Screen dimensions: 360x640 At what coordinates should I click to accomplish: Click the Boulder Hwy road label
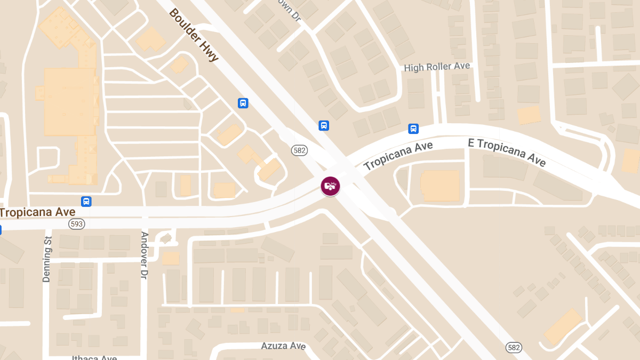coord(194,35)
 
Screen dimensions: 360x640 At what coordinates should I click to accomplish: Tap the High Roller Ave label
coord(437,67)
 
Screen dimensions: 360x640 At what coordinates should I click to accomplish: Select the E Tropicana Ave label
coord(507,152)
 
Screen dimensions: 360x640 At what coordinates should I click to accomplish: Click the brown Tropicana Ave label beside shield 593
coord(37,212)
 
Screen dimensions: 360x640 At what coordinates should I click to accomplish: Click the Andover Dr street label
coord(144,255)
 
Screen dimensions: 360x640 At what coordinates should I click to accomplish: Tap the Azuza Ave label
coord(283,346)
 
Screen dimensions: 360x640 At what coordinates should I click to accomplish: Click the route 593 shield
coord(76,224)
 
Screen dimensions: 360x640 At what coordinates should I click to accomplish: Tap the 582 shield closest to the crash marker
coord(299,150)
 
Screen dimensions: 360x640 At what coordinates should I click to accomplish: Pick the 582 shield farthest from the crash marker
coord(514,347)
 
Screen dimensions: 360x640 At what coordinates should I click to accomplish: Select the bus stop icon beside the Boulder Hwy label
coord(243,103)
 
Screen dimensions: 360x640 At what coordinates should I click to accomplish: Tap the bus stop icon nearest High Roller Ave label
coord(413,129)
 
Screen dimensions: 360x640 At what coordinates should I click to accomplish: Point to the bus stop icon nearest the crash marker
coord(323,126)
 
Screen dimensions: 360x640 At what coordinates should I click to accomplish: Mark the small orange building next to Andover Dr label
coord(171,259)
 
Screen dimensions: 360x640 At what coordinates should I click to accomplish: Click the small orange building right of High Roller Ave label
coord(529,115)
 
